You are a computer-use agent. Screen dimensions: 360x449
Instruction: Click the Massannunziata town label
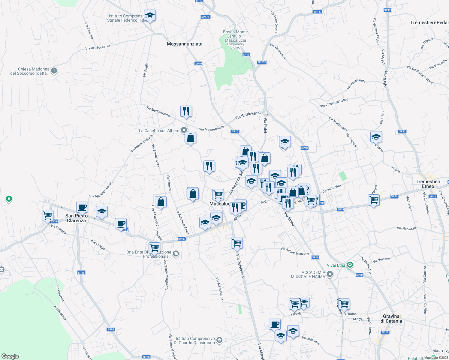185,44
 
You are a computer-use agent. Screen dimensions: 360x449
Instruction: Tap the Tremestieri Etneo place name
428,184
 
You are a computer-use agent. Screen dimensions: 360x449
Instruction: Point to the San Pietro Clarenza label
77,218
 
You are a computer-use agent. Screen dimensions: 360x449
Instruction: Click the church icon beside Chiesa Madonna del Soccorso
54,71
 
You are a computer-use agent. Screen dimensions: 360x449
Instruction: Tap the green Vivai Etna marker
350,265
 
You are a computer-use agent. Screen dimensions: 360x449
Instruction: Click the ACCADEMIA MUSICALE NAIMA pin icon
330,274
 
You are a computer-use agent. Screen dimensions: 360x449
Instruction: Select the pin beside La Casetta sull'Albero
184,130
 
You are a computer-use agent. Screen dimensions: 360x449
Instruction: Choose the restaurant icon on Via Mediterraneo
186,111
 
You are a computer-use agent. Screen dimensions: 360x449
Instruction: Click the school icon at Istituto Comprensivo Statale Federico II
150,15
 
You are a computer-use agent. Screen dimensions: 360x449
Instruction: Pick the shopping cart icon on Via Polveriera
237,243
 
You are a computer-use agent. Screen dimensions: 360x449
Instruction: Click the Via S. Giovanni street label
248,115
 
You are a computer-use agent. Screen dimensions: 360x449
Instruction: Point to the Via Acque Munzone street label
295,251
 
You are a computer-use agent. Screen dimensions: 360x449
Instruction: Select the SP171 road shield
205,17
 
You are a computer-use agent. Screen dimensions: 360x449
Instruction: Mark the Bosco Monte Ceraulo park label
235,36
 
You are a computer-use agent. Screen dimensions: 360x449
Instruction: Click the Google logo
10,356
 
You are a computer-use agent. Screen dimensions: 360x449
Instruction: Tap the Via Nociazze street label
406,228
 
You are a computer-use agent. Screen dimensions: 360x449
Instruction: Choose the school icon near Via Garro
376,137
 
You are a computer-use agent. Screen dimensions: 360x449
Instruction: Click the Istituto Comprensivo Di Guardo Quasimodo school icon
219,340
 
